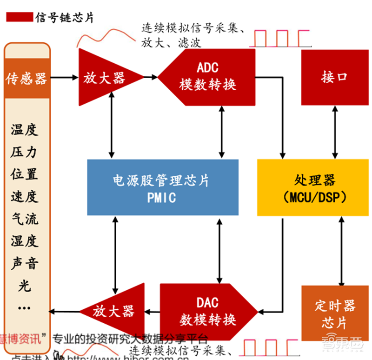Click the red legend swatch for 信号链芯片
19,18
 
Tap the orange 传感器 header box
27,78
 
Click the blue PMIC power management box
163,187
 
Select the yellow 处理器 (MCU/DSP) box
312,187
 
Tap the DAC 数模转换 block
205,311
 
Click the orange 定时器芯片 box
334,313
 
